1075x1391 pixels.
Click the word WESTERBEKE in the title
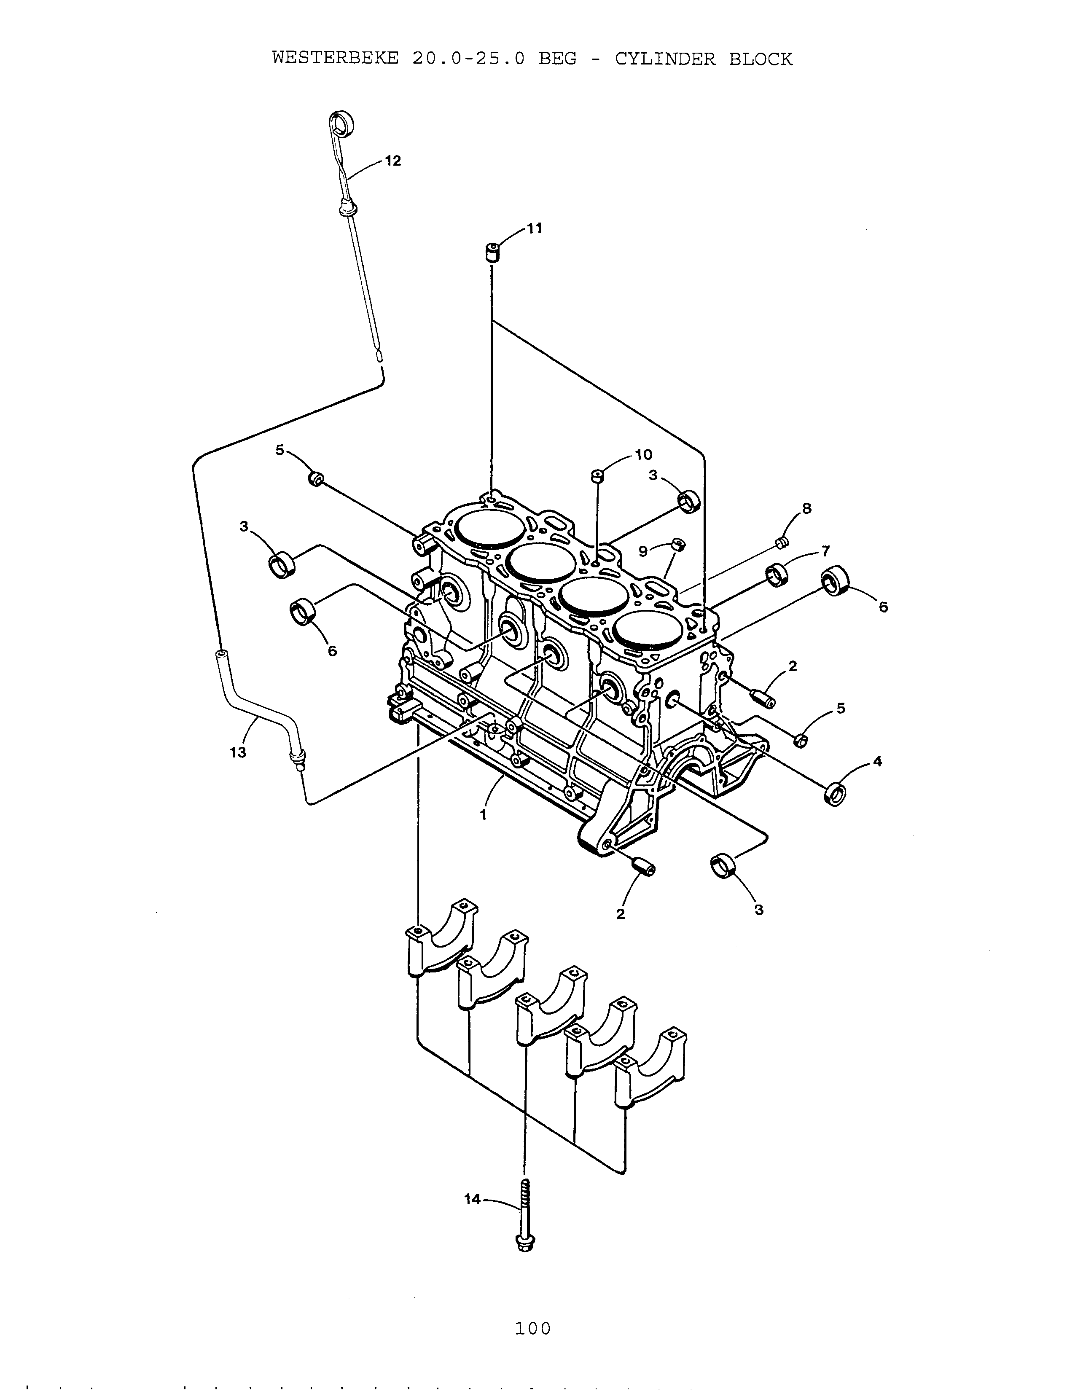pos(336,59)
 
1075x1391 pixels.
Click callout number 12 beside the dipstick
pos(393,161)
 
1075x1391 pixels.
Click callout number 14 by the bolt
pos(473,1199)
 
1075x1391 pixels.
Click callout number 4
pos(877,761)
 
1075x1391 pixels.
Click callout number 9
pos(642,552)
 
